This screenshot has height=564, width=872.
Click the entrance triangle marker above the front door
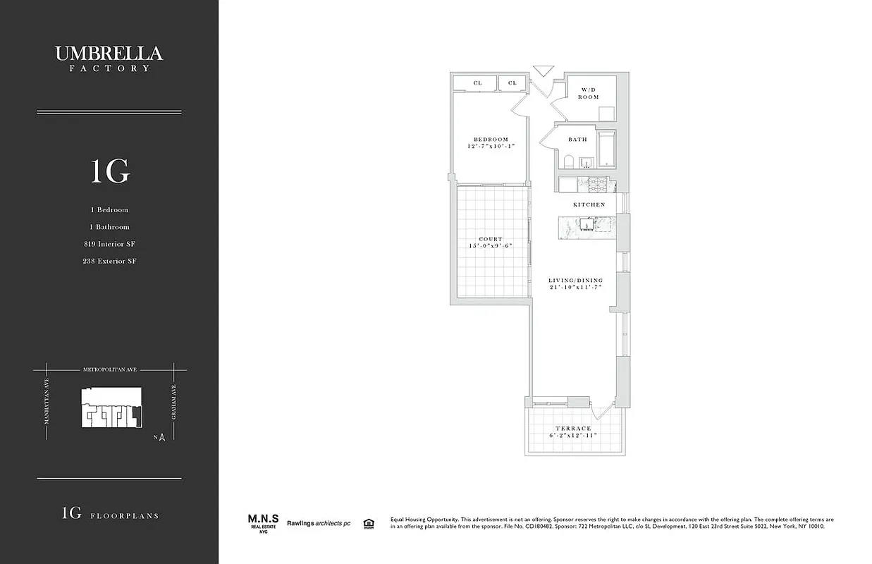544,71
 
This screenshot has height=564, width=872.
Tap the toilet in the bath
568,162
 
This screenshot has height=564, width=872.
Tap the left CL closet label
477,83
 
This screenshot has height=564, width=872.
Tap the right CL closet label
512,83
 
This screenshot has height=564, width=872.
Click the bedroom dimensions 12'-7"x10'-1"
491,147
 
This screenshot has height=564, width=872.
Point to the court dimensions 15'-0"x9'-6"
491,246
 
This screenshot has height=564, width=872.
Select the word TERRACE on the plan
573,429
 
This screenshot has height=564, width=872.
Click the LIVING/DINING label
576,281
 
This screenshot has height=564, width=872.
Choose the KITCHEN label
589,204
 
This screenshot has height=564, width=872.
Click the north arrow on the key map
161,437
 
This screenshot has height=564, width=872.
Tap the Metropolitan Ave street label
109,368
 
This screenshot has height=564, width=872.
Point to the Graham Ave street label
173,405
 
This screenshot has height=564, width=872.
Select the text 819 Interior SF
109,244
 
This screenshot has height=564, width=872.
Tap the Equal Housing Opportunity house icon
368,523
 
